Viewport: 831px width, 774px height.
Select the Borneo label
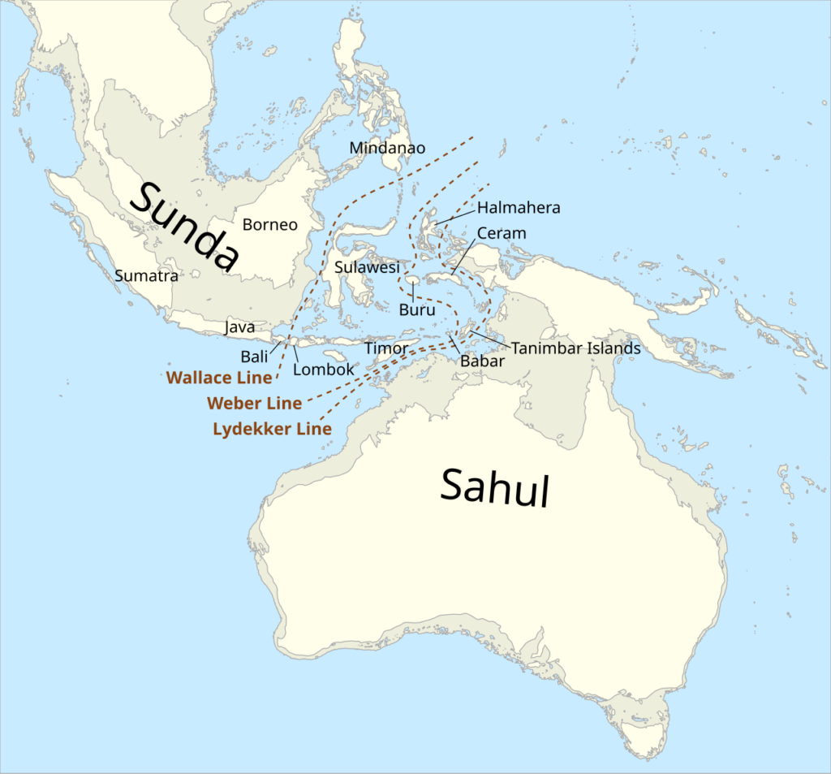pos(270,225)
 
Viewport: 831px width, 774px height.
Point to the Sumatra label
pos(146,276)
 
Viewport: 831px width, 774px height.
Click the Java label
pos(239,328)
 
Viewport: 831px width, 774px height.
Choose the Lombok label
pos(324,370)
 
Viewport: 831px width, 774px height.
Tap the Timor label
pos(386,348)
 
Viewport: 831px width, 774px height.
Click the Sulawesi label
pos(367,267)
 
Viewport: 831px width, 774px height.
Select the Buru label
pos(417,309)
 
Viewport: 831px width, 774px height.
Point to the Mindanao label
pos(387,148)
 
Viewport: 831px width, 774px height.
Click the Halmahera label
pos(519,208)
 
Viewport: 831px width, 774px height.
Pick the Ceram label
pos(502,233)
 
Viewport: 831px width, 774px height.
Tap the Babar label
pos(482,361)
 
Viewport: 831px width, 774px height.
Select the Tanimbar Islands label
pos(576,348)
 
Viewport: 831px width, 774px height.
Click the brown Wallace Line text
pos(219,378)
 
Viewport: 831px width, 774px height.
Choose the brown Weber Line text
pos(255,403)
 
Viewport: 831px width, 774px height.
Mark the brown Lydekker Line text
pos(272,429)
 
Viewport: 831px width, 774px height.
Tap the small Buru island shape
pos(413,280)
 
